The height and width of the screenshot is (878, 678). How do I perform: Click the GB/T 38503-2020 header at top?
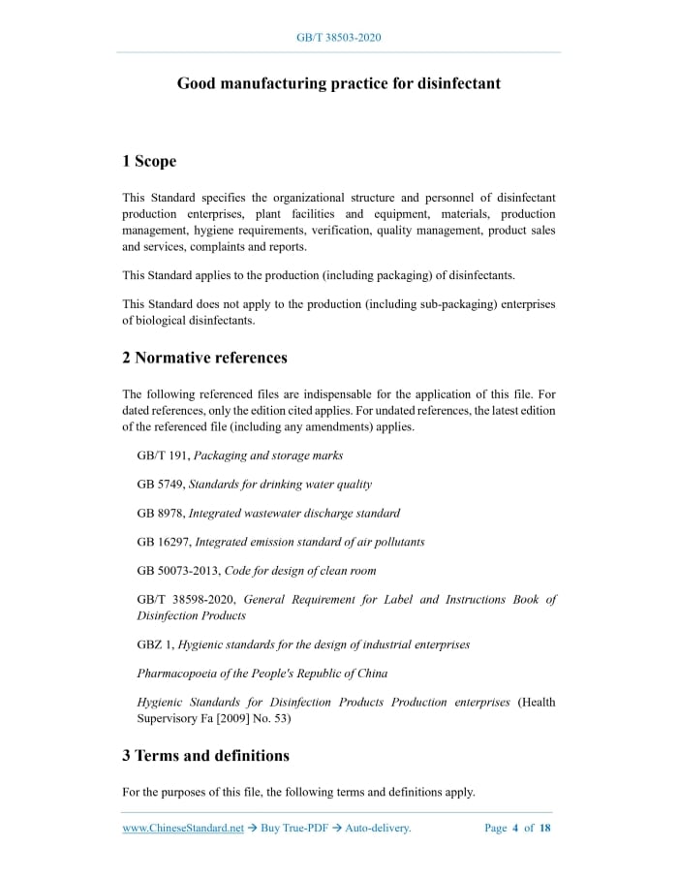click(x=338, y=38)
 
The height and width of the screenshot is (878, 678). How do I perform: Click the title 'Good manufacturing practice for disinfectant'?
click(x=338, y=83)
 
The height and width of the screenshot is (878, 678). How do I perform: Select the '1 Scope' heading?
click(x=149, y=161)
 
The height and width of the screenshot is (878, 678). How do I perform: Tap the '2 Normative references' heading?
click(x=204, y=358)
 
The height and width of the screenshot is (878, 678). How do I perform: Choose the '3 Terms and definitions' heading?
click(x=205, y=755)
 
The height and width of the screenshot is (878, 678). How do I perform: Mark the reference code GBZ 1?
click(x=154, y=644)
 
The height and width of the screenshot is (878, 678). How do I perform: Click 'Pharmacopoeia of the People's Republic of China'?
click(x=262, y=674)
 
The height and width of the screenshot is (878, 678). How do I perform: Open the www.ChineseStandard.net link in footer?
click(x=183, y=828)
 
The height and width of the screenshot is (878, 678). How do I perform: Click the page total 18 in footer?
click(x=544, y=828)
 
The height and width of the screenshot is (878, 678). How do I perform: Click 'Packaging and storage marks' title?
click(x=268, y=455)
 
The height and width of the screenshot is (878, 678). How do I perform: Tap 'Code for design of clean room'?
click(x=300, y=571)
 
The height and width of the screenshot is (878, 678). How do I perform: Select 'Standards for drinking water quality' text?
click(x=280, y=484)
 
